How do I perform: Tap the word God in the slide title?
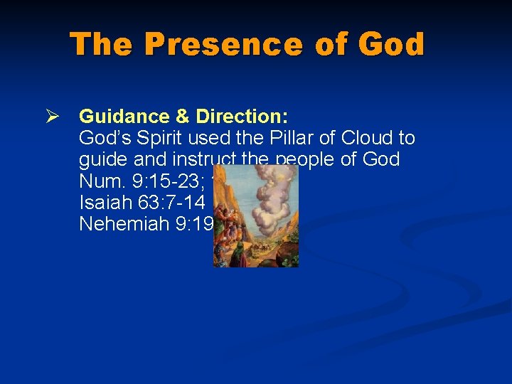coord(391,44)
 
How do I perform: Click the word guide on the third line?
coord(101,159)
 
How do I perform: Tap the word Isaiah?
coord(104,202)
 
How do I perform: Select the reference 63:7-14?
coord(169,202)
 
